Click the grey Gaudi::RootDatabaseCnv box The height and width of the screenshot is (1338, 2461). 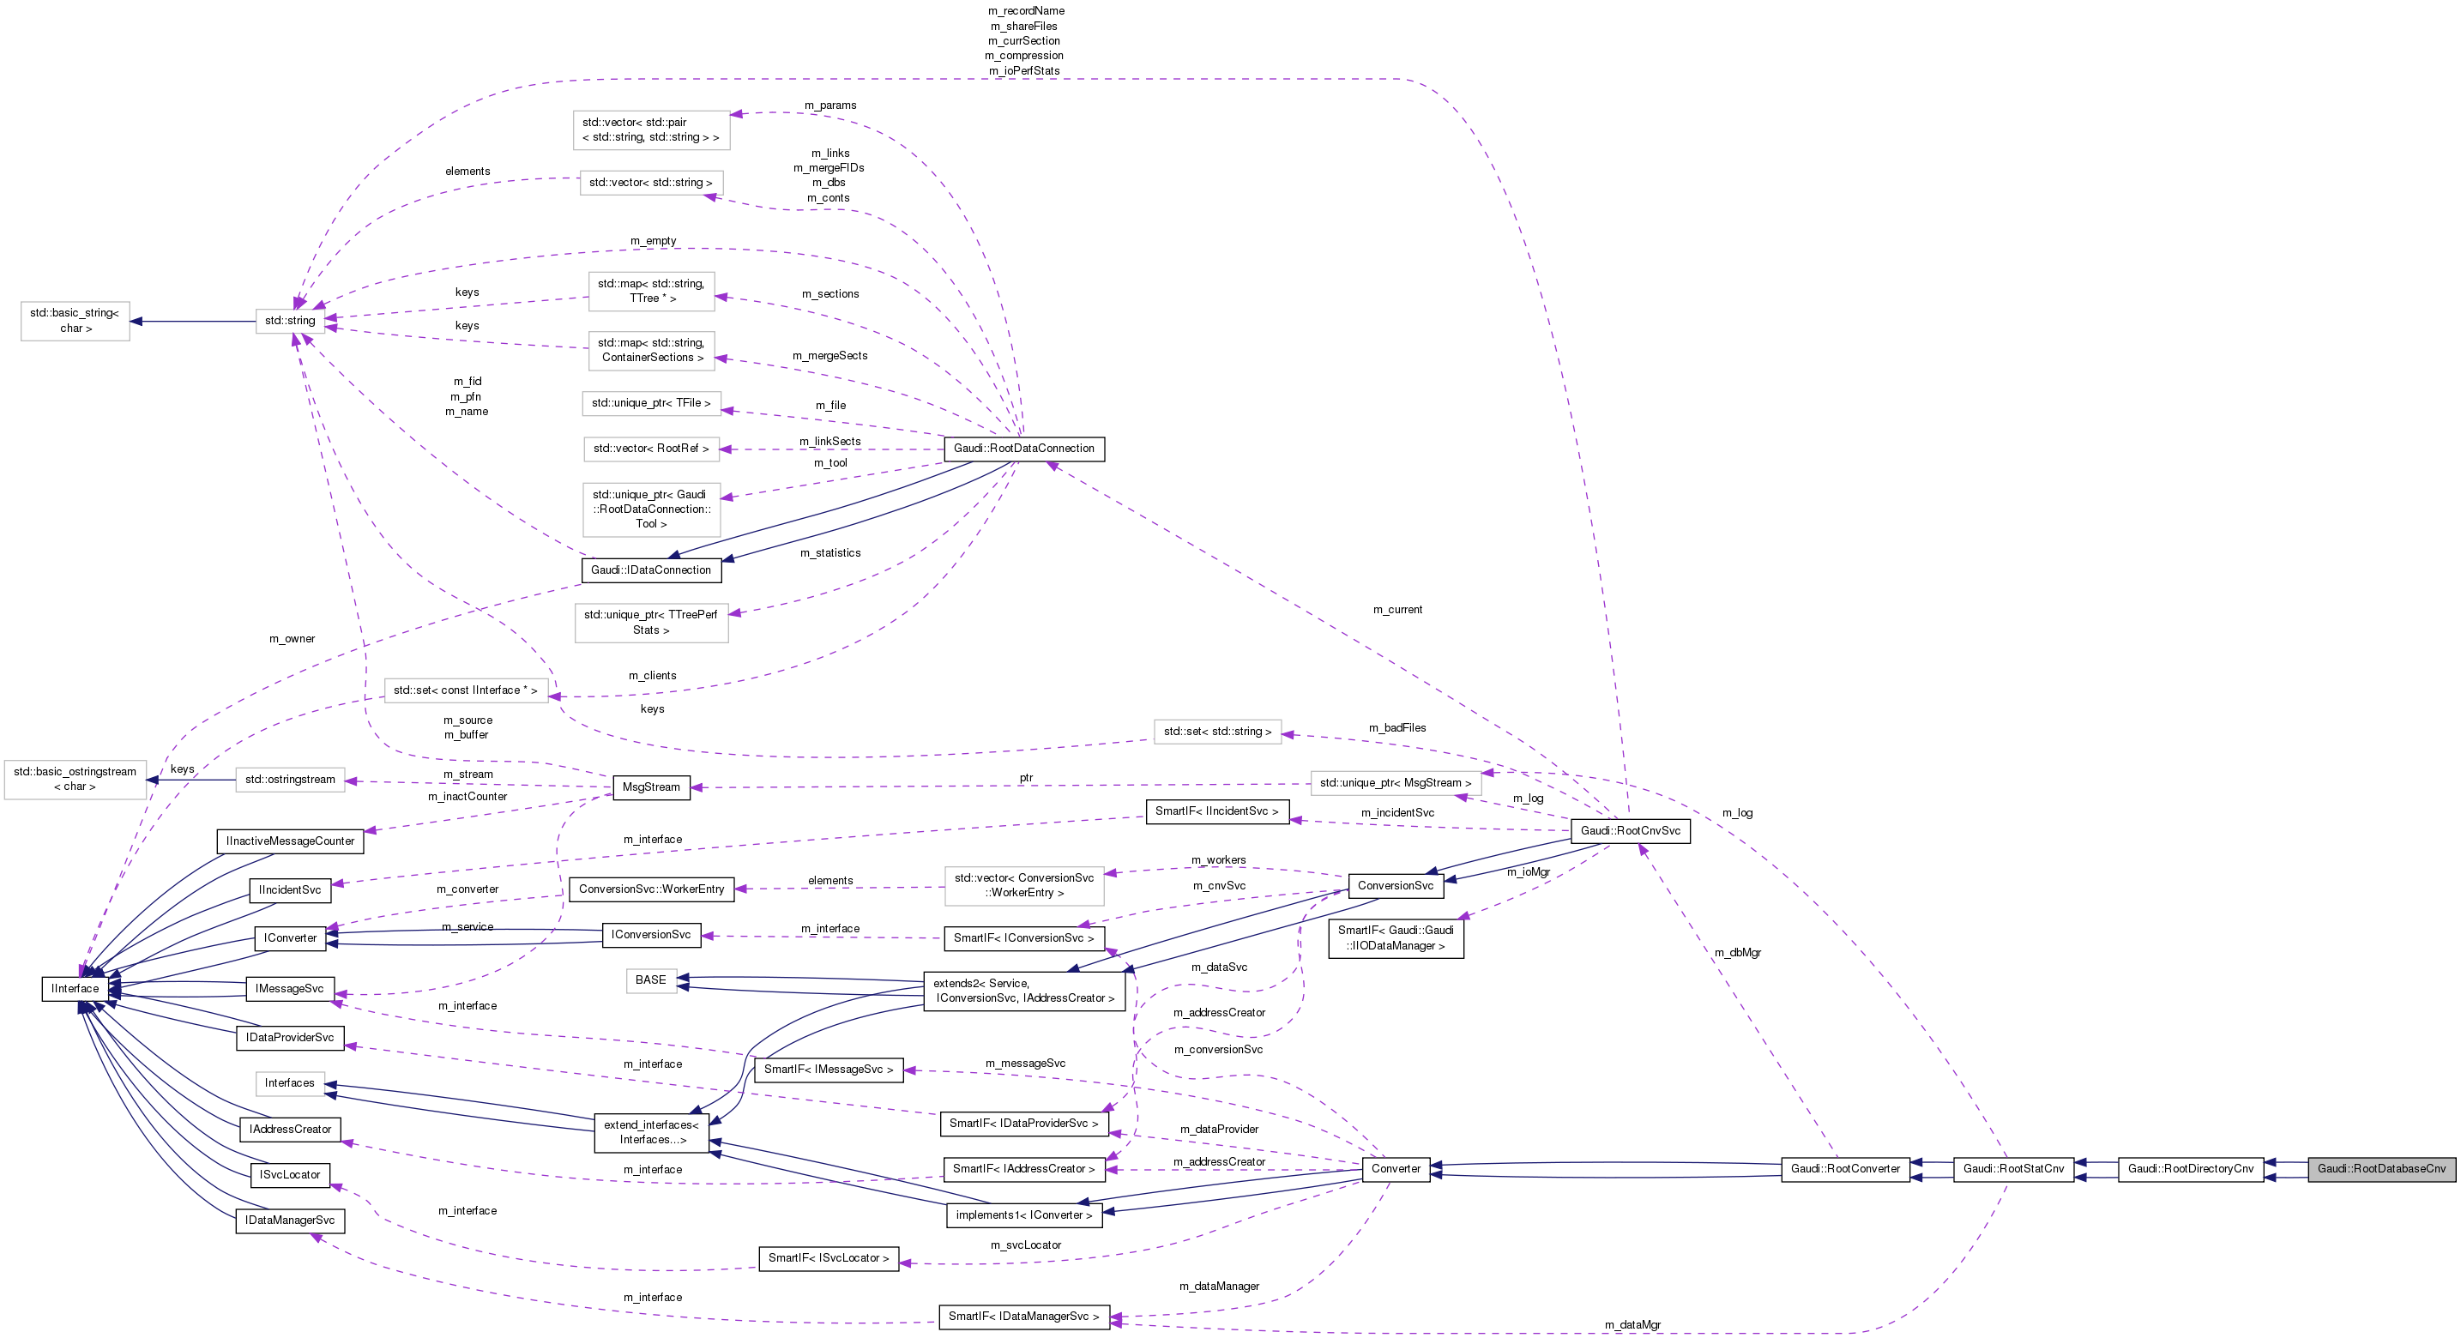click(2380, 1168)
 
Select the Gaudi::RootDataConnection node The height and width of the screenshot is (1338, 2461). click(1023, 448)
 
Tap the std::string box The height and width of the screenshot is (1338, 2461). click(289, 320)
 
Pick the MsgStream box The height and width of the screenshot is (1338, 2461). click(650, 787)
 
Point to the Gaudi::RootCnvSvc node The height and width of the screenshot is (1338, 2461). click(1630, 830)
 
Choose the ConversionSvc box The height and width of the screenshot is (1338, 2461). click(1395, 885)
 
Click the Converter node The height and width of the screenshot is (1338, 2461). click(1396, 1168)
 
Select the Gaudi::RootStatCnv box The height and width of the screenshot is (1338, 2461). click(2013, 1168)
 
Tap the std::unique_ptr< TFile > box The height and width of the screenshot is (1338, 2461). click(650, 403)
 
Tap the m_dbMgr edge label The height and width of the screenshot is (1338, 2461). click(1737, 952)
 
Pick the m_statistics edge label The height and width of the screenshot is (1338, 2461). click(830, 553)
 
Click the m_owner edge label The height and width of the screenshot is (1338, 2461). click(292, 639)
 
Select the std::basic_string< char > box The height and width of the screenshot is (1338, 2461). click(75, 321)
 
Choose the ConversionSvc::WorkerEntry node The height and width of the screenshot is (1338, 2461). click(650, 889)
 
